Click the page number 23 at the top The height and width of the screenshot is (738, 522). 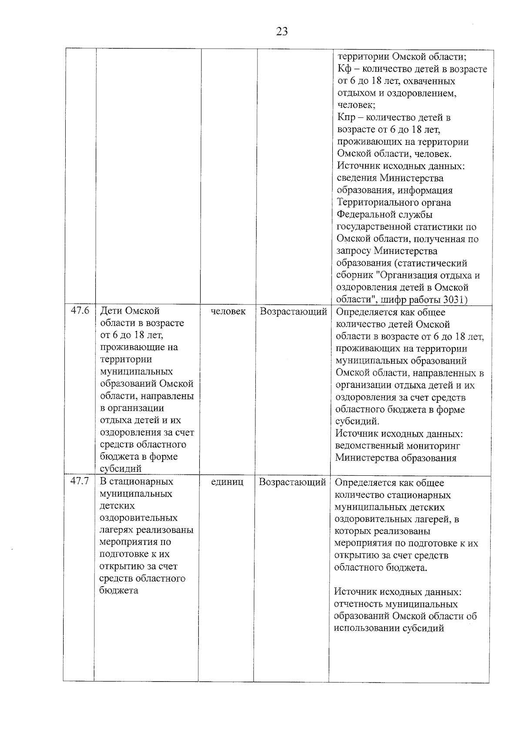(x=282, y=32)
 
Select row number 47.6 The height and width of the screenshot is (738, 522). (x=80, y=311)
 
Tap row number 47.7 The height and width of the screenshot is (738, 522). (x=80, y=481)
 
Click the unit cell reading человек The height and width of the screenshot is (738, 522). (x=228, y=311)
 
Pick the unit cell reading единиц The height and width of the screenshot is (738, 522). (x=227, y=482)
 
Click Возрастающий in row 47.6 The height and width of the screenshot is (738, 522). (x=293, y=312)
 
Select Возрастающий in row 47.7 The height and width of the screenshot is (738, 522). (x=292, y=482)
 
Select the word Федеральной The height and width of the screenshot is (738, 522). (x=366, y=215)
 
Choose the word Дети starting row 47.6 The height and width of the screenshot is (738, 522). (x=111, y=311)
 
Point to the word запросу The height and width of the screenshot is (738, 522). (x=354, y=251)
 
